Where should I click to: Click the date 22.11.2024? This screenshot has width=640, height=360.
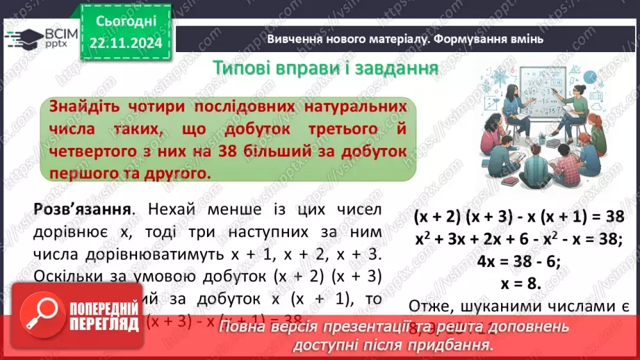(x=125, y=44)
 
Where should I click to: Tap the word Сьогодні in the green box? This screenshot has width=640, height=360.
(x=125, y=22)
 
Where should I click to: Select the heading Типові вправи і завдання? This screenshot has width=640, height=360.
(x=325, y=68)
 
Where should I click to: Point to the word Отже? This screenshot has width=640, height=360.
(x=429, y=306)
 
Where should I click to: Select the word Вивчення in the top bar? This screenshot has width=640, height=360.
(x=294, y=39)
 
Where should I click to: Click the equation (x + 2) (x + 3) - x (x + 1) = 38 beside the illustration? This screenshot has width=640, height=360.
(x=519, y=217)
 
